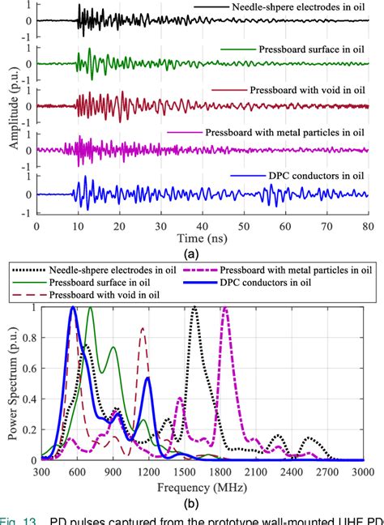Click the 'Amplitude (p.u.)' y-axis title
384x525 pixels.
point(10,109)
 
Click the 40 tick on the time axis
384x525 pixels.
point(203,226)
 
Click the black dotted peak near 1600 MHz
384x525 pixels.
point(194,309)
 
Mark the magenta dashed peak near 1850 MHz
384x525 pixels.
point(225,309)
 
